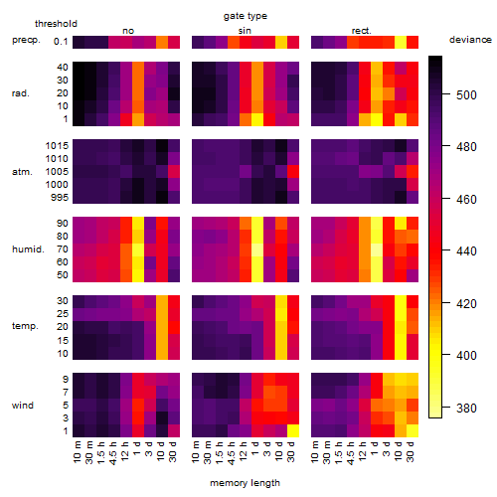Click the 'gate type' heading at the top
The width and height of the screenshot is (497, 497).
coord(246,16)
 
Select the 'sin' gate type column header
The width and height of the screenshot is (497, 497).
coord(245,31)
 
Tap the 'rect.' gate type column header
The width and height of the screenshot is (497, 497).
coord(362,31)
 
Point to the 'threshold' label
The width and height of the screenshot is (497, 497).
coord(56,24)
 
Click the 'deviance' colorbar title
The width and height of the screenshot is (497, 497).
coord(470,40)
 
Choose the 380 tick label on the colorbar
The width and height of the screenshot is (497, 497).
coord(466,409)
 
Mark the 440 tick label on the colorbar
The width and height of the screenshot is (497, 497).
coord(466,251)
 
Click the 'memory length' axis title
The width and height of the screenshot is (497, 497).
coord(245,483)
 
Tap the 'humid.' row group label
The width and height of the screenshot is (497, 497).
coord(28,249)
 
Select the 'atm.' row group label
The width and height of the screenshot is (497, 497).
coord(22,172)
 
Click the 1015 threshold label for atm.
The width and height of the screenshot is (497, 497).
coord(57,146)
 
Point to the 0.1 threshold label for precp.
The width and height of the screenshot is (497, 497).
coord(61,42)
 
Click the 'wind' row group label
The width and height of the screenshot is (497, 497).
coord(23,406)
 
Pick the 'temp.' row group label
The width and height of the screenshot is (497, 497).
coord(25,326)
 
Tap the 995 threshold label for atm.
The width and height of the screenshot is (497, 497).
coord(60,198)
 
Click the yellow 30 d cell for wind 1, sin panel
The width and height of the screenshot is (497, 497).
coord(293,430)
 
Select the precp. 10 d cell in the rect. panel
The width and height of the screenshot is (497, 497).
coord(401,42)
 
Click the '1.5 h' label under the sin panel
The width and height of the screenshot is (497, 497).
coord(220,452)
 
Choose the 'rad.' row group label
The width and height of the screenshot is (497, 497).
coord(21,93)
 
